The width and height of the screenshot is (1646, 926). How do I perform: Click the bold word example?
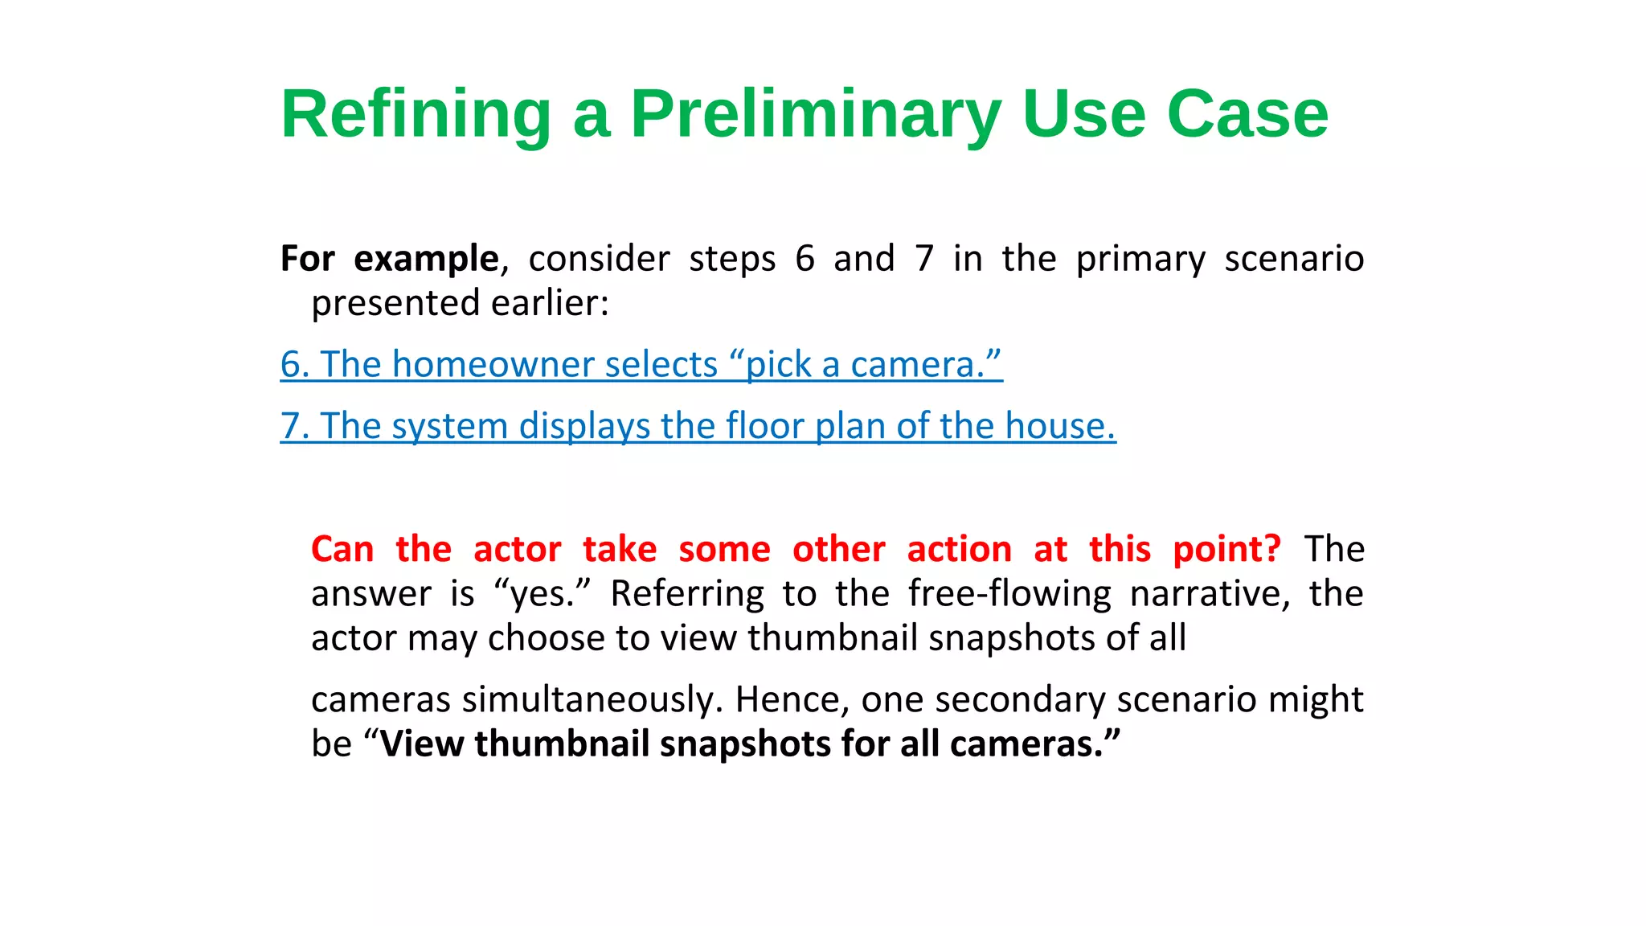tap(426, 260)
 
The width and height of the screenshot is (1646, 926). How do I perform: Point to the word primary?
tap(1140, 260)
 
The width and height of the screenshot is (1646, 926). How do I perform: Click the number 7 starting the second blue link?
tap(290, 426)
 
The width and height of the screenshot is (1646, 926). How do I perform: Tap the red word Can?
tap(342, 550)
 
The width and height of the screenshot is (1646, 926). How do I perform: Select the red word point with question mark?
tap(1226, 550)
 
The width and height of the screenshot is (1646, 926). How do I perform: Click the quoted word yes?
tap(543, 595)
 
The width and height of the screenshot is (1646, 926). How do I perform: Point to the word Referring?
tap(687, 595)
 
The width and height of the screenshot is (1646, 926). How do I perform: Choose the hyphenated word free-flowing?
tap(1009, 595)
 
